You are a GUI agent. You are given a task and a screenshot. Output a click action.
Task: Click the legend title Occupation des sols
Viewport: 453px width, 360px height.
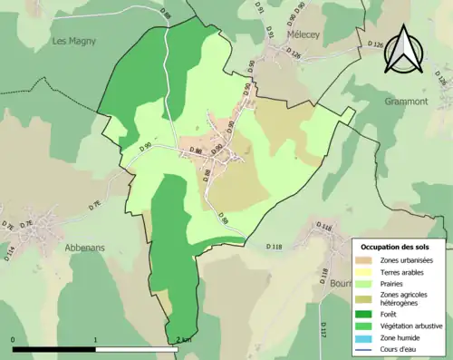(395, 246)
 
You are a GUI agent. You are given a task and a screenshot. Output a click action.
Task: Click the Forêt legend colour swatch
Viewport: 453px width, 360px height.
(368, 316)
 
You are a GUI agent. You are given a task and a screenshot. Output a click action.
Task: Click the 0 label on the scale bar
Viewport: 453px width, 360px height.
(14, 339)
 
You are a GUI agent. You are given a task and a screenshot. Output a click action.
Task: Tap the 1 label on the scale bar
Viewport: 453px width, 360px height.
(96, 339)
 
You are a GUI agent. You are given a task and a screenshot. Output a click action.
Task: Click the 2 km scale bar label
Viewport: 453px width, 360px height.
(185, 339)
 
